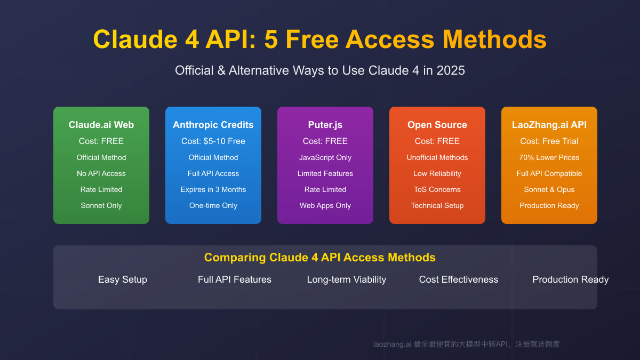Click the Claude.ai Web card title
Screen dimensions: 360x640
click(x=101, y=125)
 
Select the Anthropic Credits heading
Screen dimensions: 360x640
click(x=213, y=125)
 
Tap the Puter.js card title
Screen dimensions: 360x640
click(x=325, y=125)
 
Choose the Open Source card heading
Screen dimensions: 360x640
click(x=437, y=125)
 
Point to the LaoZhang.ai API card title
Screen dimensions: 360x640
click(x=549, y=125)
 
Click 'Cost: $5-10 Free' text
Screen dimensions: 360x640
click(x=213, y=141)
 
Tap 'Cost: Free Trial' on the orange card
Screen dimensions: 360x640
click(x=549, y=141)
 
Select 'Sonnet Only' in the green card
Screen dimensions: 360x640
click(x=101, y=205)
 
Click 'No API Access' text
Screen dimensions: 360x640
click(x=101, y=173)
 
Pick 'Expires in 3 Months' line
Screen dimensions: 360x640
click(x=213, y=189)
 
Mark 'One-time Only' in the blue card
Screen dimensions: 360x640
click(x=213, y=205)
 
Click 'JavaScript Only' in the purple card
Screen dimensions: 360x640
click(x=325, y=157)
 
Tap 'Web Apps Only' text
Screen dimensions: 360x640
click(x=325, y=205)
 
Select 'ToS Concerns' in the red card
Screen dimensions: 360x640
click(x=437, y=189)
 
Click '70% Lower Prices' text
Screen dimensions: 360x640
click(x=549, y=157)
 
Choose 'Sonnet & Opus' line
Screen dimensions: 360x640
click(x=549, y=189)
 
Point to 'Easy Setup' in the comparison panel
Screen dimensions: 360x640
click(x=123, y=279)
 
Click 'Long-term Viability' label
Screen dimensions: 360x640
click(x=347, y=279)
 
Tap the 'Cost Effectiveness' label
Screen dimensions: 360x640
click(x=459, y=279)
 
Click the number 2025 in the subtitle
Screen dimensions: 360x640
click(x=451, y=70)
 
